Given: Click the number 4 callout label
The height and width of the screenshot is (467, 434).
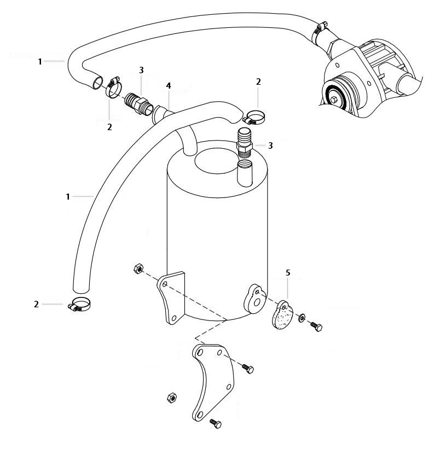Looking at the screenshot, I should tap(169, 86).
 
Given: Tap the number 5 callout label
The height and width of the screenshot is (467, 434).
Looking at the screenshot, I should tap(288, 272).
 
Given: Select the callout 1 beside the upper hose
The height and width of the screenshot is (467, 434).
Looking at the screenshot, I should tap(40, 61).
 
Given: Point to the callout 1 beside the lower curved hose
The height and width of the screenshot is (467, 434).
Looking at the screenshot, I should tap(68, 196).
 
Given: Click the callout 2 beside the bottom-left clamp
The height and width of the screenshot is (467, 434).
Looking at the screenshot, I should tap(36, 304).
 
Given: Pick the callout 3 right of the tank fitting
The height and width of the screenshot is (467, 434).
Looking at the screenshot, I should tap(270, 145).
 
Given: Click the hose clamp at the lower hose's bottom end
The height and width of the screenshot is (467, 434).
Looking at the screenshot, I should tap(80, 305).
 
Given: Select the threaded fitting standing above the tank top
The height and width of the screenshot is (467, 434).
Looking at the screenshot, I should tap(245, 142).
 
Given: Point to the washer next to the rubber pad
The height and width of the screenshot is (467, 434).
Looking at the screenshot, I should tap(303, 317).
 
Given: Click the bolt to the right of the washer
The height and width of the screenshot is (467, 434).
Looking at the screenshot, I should tap(316, 326).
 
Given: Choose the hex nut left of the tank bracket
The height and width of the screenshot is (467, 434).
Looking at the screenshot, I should tap(138, 268).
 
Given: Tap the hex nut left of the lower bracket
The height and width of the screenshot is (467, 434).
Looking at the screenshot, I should tap(170, 398).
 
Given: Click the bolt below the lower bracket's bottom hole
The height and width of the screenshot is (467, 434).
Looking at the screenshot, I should tap(215, 424).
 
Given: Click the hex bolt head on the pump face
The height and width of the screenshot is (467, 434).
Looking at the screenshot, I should tap(333, 100).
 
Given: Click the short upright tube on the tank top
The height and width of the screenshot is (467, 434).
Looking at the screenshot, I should tap(245, 172).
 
